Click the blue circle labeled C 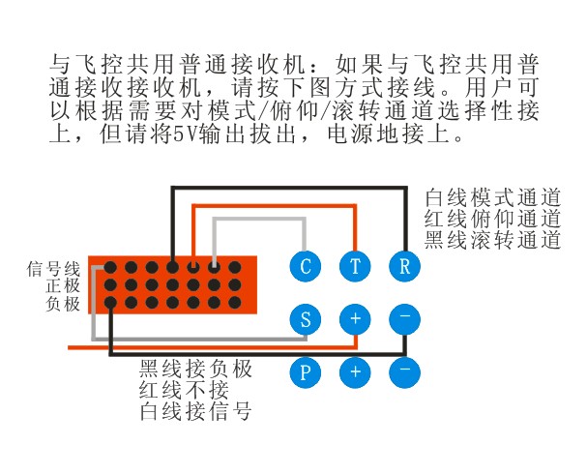coord(306,266)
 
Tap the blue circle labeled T coord(355,266)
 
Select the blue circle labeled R coord(404,266)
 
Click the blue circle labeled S coord(306,319)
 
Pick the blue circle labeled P coord(306,372)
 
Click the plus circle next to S coord(355,319)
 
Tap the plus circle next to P coord(355,372)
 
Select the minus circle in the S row coord(404,319)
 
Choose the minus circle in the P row coord(404,372)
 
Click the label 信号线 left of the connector coord(53,269)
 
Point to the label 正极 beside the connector coord(63,286)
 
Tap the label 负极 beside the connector coord(63,304)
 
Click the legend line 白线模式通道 coord(492,197)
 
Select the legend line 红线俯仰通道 coord(492,219)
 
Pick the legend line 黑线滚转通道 coord(492,240)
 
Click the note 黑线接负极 coord(195,369)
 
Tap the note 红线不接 coord(184,390)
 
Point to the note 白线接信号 coord(195,411)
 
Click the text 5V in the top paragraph coord(186,134)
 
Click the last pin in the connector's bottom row coord(235,302)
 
